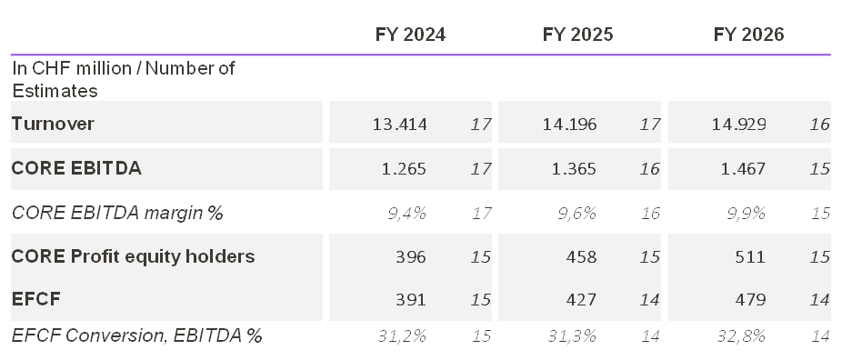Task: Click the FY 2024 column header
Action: click(410, 35)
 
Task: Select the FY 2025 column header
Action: click(577, 35)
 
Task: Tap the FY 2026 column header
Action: click(748, 35)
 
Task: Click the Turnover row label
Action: click(53, 124)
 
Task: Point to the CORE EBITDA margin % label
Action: click(117, 213)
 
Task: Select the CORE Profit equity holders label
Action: click(133, 256)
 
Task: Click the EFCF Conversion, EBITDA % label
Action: click(136, 335)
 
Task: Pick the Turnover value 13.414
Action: click(400, 124)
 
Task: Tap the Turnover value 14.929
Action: click(739, 124)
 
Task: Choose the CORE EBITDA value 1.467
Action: click(744, 168)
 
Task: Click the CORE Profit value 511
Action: click(749, 256)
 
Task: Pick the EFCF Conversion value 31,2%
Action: click(402, 335)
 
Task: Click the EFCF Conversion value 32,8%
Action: click(742, 335)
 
